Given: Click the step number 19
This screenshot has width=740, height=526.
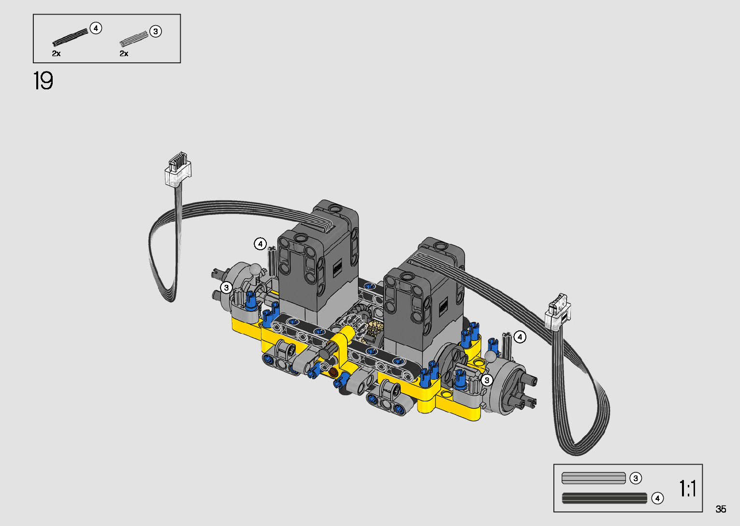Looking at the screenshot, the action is (44, 81).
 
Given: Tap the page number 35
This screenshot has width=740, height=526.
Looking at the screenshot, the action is (721, 509).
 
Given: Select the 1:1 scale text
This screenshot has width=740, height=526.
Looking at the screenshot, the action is (687, 488).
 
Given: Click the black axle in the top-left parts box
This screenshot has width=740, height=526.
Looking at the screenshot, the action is (71, 37).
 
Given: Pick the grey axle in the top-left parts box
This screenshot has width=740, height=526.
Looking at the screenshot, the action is (134, 39).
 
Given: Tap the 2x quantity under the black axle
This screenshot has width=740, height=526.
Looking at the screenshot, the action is (56, 54).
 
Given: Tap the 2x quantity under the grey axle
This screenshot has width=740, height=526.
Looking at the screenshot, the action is (124, 54).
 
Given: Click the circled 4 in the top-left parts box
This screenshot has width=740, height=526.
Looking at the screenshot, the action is (96, 28).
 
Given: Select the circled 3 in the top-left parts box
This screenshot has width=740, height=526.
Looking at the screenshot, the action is (156, 31).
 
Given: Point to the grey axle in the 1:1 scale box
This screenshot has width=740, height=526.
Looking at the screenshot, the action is (594, 478).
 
